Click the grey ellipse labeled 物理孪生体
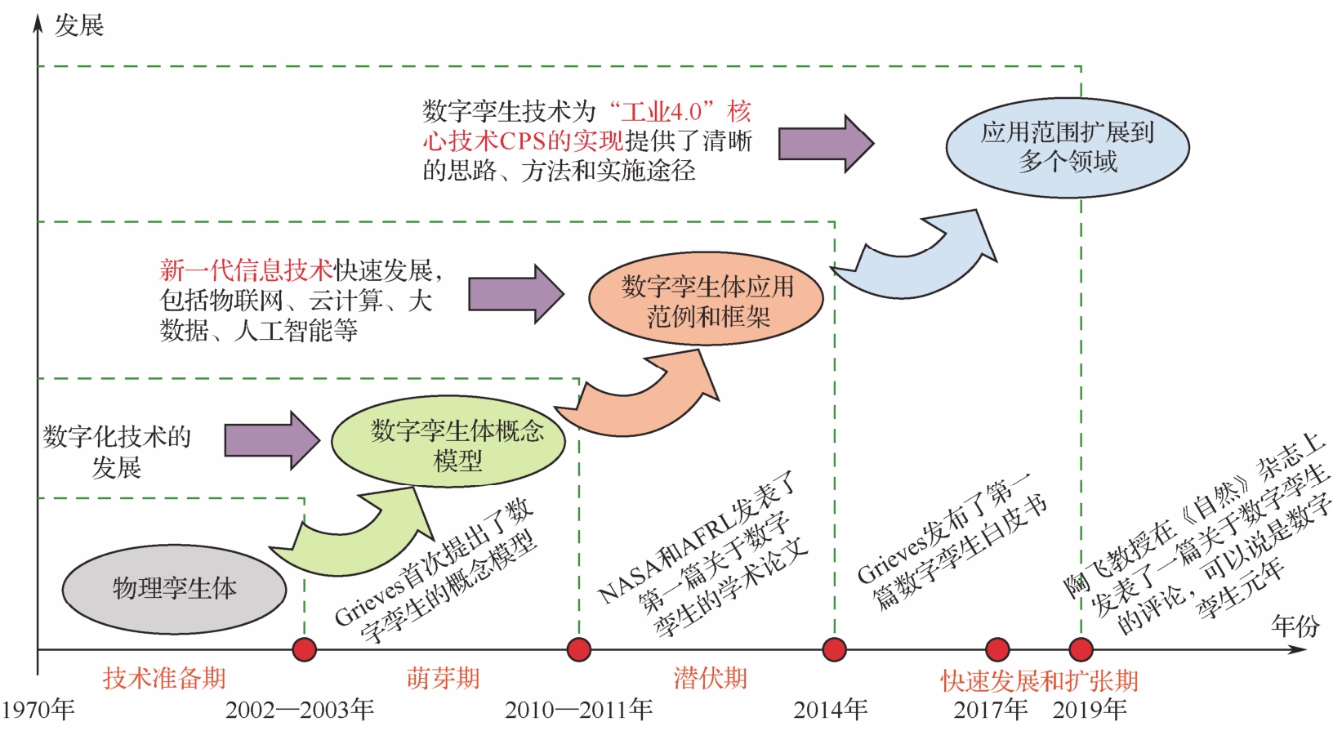pyautogui.click(x=174, y=588)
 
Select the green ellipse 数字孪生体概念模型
pyautogui.click(x=448, y=442)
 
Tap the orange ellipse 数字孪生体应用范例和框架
pyautogui.click(x=706, y=299)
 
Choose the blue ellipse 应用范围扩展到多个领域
pyautogui.click(x=1067, y=147)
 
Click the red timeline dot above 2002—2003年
pyautogui.click(x=305, y=650)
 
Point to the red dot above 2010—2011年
pyautogui.click(x=578, y=650)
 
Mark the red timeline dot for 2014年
pyautogui.click(x=834, y=650)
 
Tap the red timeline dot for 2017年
pyautogui.click(x=997, y=650)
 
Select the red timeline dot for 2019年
pyautogui.click(x=1081, y=650)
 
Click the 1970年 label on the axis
pyautogui.click(x=38, y=710)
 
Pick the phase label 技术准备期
pyautogui.click(x=164, y=678)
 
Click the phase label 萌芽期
pyautogui.click(x=444, y=678)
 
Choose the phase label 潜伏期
pyautogui.click(x=710, y=678)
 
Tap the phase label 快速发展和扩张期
pyautogui.click(x=1039, y=680)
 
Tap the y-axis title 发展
pyautogui.click(x=79, y=25)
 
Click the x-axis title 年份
pyautogui.click(x=1295, y=626)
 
